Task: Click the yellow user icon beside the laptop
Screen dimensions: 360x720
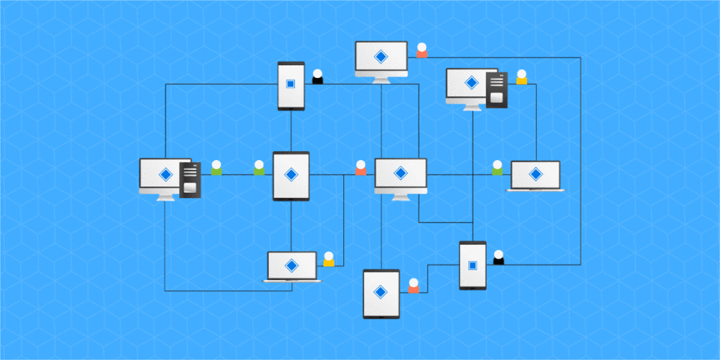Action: [328, 259]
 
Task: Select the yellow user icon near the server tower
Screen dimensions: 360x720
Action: [521, 77]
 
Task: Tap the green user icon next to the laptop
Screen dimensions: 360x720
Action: [498, 168]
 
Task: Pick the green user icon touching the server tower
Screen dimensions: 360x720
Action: [216, 168]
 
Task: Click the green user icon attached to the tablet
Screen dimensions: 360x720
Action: [259, 168]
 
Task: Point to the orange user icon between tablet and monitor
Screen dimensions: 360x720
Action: [361, 168]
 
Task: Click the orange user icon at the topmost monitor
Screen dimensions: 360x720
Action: [422, 51]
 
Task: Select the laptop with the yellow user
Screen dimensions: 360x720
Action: [292, 267]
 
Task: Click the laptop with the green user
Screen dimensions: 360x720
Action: [535, 175]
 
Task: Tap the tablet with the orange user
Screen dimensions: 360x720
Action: [381, 293]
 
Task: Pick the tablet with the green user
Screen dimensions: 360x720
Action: [291, 176]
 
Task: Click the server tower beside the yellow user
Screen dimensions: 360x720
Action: [498, 90]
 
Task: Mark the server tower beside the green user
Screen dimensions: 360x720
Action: [190, 180]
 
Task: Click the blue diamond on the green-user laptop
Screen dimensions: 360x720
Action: [535, 174]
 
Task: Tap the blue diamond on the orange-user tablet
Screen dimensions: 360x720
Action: [381, 292]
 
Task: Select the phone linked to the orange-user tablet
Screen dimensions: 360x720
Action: [472, 265]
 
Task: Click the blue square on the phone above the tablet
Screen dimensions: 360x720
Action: [291, 85]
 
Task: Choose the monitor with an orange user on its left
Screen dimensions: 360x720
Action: [400, 175]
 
